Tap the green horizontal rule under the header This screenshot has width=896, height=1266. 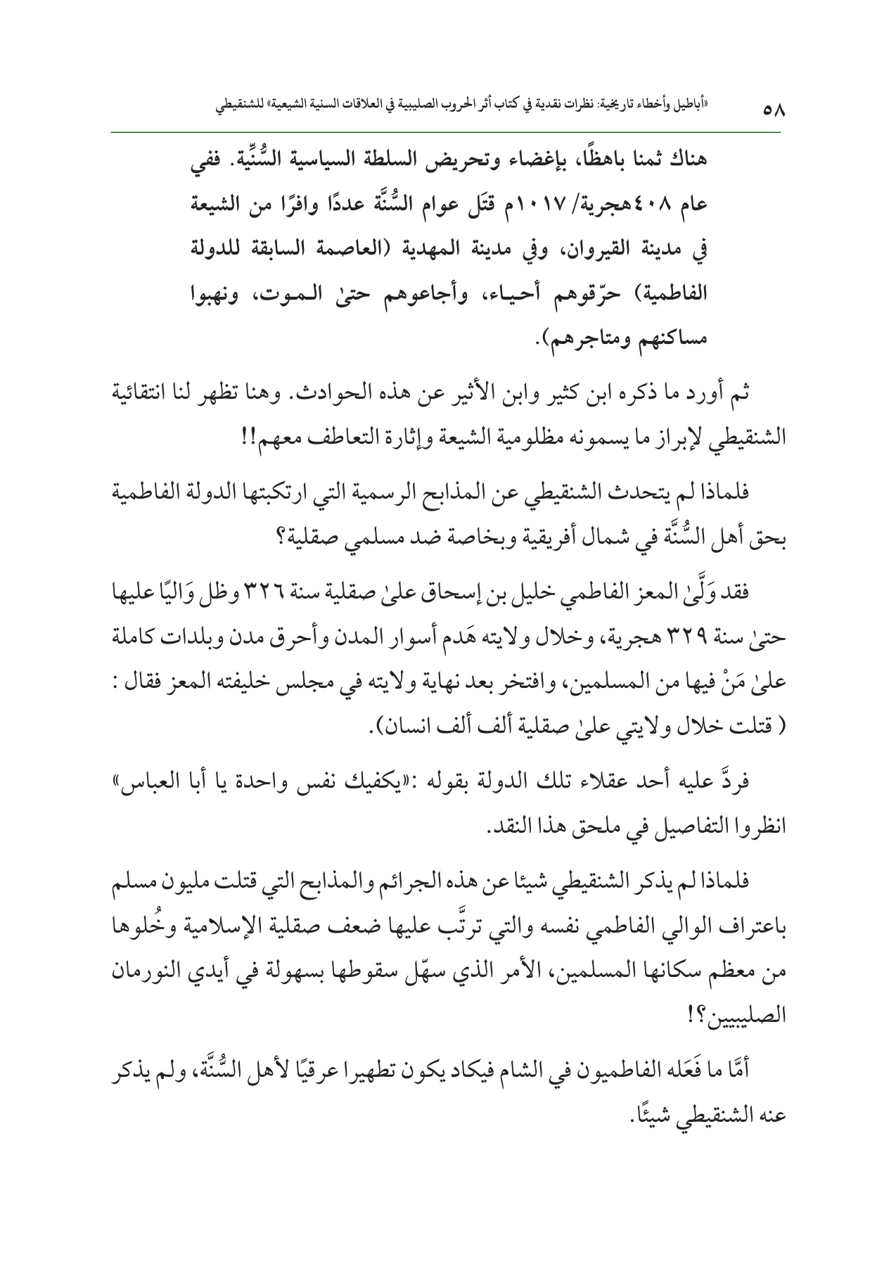pyautogui.click(x=447, y=131)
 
